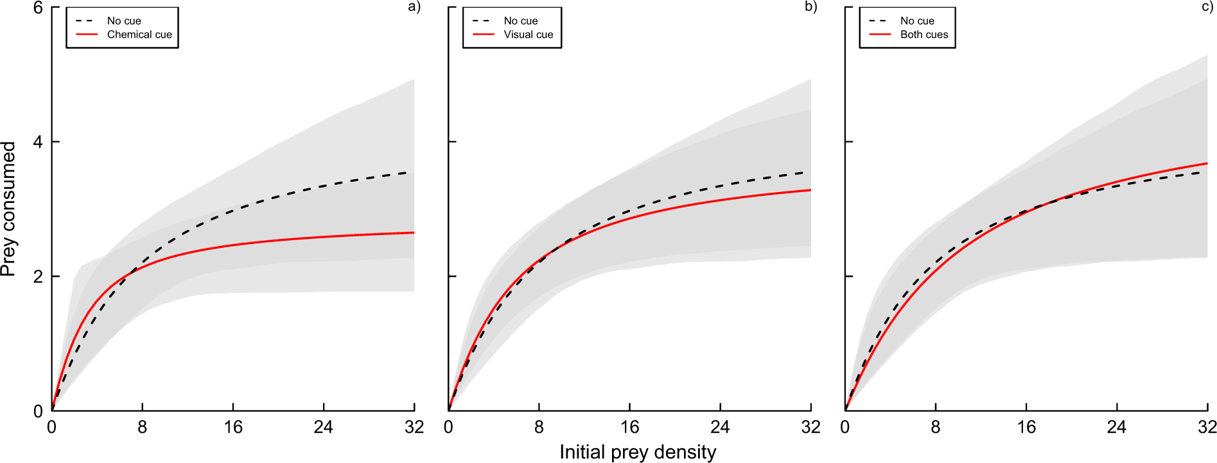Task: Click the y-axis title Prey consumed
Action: point(8,209)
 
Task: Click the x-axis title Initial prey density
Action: point(637,452)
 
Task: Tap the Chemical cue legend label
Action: point(139,35)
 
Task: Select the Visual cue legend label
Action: point(528,35)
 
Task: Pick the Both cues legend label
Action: point(924,35)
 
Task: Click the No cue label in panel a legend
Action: point(124,21)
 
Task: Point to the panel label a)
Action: point(414,7)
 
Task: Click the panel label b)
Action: point(810,7)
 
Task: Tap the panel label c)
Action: point(1207,7)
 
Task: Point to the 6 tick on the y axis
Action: point(38,8)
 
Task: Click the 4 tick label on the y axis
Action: point(38,142)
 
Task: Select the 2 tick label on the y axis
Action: point(38,277)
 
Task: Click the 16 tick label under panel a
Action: point(233,427)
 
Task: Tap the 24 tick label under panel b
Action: point(720,427)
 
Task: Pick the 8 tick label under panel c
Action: point(936,427)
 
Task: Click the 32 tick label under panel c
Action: point(1206,427)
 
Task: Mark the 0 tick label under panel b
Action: point(448,427)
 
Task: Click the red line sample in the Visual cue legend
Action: point(483,35)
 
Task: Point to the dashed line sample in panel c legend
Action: point(879,21)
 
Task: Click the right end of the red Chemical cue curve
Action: point(413,232)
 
